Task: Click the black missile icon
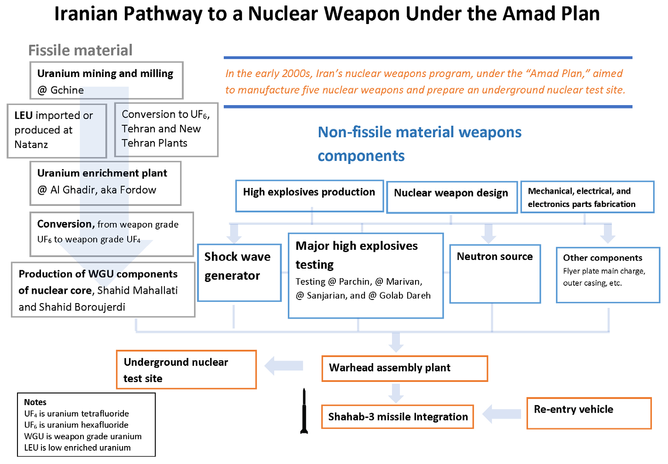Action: (304, 411)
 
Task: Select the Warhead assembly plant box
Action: (404, 368)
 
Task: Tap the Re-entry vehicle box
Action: (589, 413)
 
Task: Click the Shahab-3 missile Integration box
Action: (398, 417)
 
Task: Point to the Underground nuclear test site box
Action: (186, 370)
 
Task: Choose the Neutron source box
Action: (495, 274)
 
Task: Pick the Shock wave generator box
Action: (239, 273)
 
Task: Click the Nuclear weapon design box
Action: (451, 197)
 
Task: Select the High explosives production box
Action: (309, 196)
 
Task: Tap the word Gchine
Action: (67, 90)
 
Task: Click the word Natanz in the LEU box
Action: (31, 145)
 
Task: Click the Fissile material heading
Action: (80, 50)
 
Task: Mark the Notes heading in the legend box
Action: (35, 402)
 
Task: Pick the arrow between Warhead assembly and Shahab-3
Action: (396, 393)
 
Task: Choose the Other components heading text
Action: (603, 258)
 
